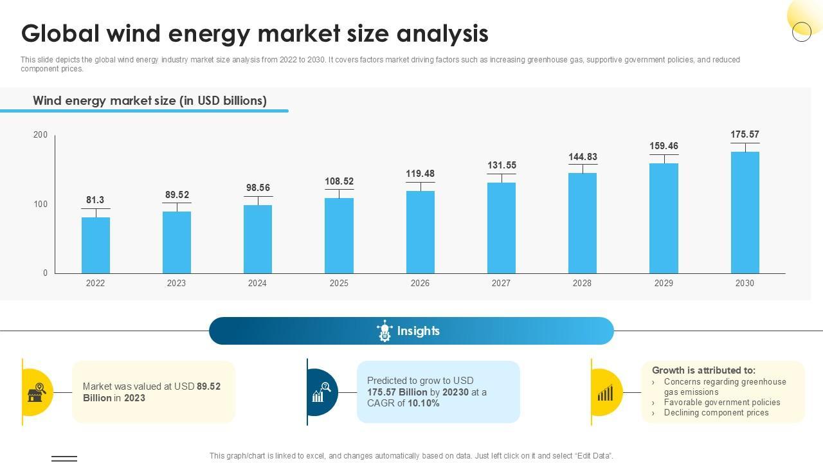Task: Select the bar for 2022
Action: [x=96, y=245]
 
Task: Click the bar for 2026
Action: [x=421, y=232]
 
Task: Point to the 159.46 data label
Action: [x=664, y=146]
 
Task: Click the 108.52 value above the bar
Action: [x=339, y=181]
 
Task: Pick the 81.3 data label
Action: [x=95, y=200]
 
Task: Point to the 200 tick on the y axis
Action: [x=41, y=134]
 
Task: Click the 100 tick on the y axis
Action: [x=41, y=204]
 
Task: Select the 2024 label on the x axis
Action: [x=257, y=283]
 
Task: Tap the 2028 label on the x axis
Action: [x=582, y=283]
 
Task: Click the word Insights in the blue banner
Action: [x=419, y=331]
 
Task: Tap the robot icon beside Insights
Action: [x=384, y=331]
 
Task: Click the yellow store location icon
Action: [x=37, y=392]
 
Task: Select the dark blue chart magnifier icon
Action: [x=321, y=392]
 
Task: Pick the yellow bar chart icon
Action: [x=605, y=392]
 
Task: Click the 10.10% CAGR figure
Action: [x=424, y=403]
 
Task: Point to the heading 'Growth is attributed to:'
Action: [x=703, y=370]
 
